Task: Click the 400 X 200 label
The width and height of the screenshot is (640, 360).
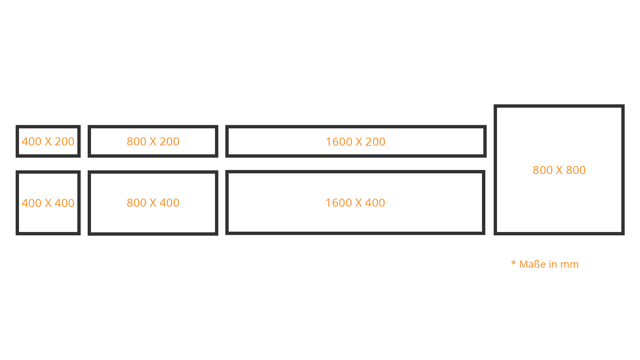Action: click(x=48, y=141)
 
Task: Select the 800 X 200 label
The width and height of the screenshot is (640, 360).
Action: click(x=153, y=141)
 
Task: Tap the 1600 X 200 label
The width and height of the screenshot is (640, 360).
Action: click(x=355, y=142)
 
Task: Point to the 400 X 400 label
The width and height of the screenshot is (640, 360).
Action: click(x=48, y=203)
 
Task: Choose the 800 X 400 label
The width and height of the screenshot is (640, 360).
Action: click(x=153, y=203)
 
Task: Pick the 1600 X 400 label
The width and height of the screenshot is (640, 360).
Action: click(x=355, y=203)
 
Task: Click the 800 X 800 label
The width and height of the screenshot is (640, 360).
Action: click(x=559, y=170)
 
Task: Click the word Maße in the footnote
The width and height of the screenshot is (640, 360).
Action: click(x=533, y=264)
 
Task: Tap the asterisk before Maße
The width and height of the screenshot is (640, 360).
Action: click(x=513, y=263)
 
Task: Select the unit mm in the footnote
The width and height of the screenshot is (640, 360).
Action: click(x=569, y=265)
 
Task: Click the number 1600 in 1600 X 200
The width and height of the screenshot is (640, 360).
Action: click(x=339, y=142)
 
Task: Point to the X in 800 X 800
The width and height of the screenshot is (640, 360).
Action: click(x=559, y=170)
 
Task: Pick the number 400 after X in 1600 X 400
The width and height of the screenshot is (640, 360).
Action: click(x=375, y=203)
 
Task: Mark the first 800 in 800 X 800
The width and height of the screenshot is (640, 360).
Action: click(x=543, y=170)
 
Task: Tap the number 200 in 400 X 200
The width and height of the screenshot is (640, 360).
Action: click(x=64, y=141)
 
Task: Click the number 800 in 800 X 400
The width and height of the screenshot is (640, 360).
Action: click(x=137, y=203)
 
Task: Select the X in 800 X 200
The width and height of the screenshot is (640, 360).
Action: click(x=153, y=141)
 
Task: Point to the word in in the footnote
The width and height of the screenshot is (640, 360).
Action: click(x=553, y=264)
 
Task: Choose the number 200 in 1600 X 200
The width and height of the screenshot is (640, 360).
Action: click(x=375, y=142)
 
